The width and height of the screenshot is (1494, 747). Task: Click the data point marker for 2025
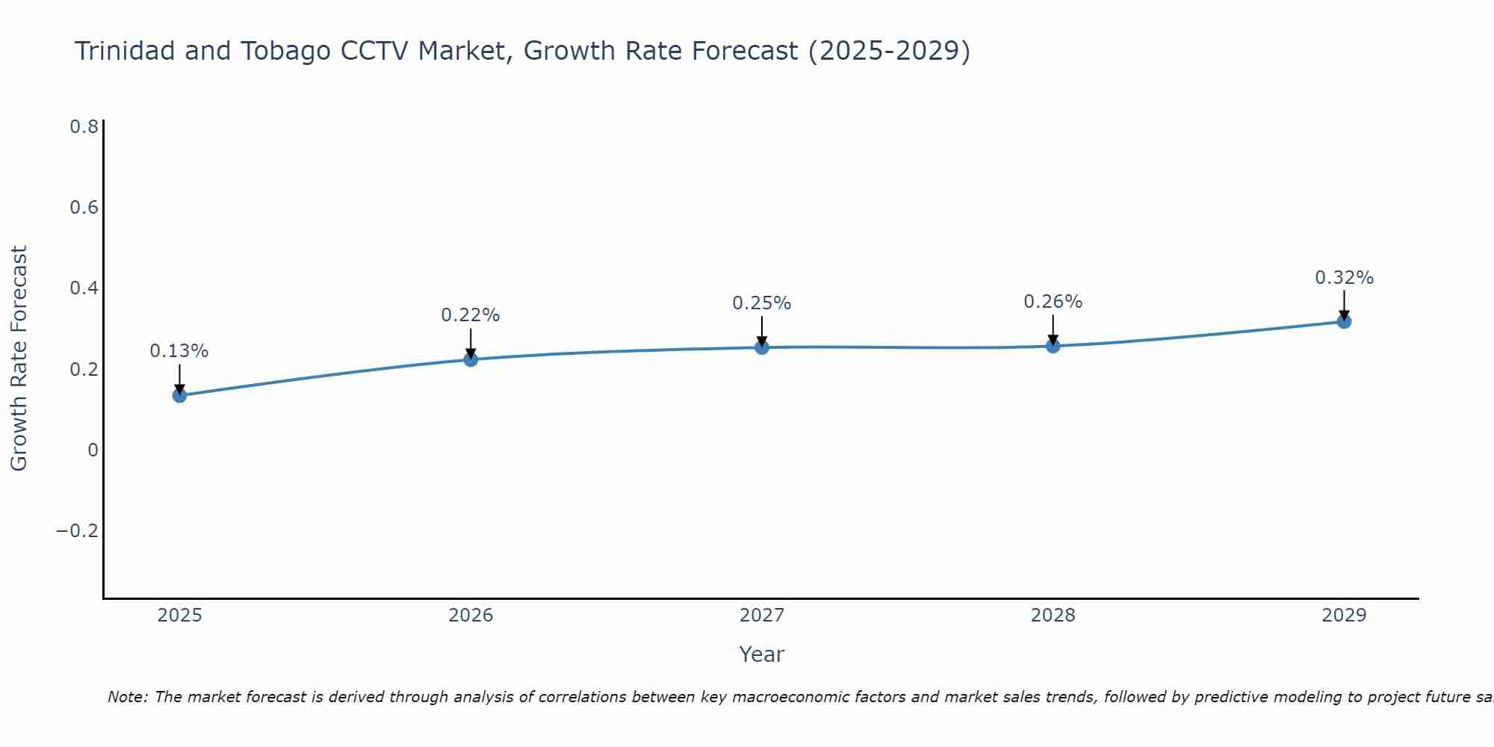pos(179,395)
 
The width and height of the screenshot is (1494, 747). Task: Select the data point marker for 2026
pos(471,359)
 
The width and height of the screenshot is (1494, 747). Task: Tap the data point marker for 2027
pos(762,347)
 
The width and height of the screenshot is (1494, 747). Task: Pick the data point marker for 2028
pos(1053,346)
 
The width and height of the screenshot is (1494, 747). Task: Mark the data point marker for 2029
pos(1344,321)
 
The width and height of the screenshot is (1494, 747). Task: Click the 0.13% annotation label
pos(179,351)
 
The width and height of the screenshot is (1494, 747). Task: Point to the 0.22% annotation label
pos(471,315)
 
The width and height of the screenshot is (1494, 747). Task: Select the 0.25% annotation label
pos(762,303)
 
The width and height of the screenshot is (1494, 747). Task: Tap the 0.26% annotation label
pos(1053,302)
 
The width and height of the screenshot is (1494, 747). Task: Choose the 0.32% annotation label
pos(1344,278)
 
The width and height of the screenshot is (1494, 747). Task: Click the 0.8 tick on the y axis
pos(84,127)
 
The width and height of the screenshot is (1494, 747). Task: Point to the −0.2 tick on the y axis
pos(77,531)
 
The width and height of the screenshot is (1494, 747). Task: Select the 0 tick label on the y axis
pos(93,450)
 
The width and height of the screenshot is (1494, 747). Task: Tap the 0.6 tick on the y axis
pos(84,208)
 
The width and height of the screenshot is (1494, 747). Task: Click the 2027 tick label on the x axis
pos(762,616)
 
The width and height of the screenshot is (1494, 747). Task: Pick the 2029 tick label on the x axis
pos(1344,616)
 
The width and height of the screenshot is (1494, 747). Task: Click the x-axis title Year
pos(762,655)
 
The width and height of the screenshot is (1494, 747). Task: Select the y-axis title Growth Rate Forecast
pos(19,359)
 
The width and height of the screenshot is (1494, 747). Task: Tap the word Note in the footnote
pos(127,698)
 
